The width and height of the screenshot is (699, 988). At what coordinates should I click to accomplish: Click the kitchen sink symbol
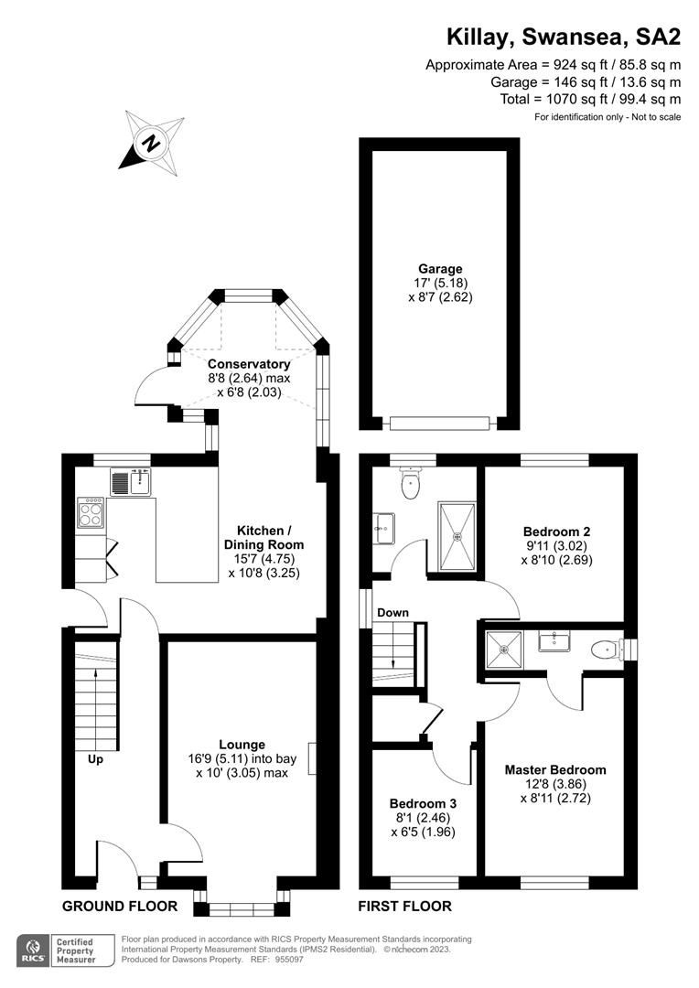tap(131, 481)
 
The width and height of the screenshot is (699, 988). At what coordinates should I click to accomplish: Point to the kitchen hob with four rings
tap(91, 513)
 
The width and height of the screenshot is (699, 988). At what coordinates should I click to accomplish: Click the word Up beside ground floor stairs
tap(95, 759)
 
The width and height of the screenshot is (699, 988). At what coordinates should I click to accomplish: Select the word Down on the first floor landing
tap(393, 612)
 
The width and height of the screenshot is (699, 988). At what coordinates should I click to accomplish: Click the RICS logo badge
tap(38, 948)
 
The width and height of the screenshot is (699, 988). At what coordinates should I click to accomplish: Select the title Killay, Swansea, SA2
tap(563, 37)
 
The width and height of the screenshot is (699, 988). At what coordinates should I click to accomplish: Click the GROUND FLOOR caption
tap(120, 907)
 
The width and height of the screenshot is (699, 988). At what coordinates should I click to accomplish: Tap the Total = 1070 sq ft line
tap(590, 99)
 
